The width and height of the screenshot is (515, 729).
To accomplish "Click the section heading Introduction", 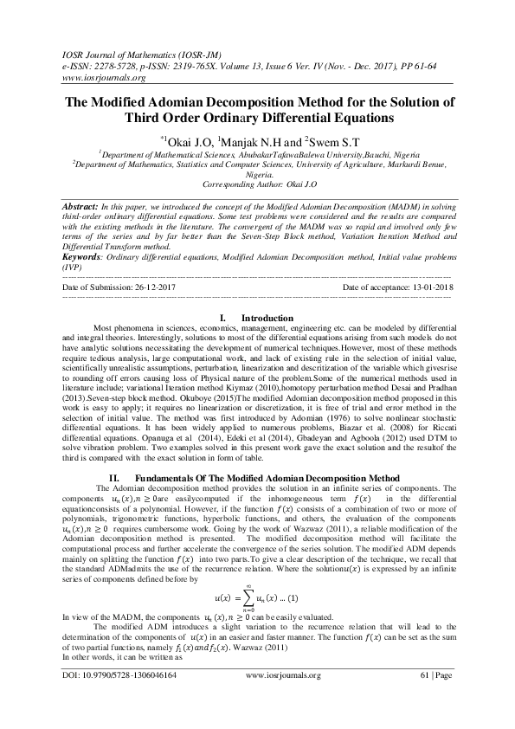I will click(x=267, y=319).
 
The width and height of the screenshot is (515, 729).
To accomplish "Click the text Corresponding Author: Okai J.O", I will click(x=256, y=185).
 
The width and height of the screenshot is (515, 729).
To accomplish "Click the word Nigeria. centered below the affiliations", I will click(x=256, y=173).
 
